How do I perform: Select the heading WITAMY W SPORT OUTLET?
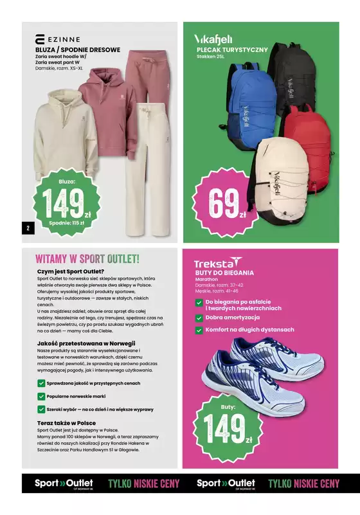87,258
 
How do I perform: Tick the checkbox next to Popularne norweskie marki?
41,396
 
